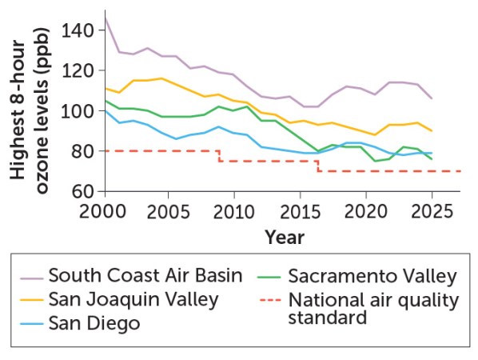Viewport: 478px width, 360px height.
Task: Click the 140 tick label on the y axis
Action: [x=82, y=30]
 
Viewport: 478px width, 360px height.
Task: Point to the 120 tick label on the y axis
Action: [x=82, y=70]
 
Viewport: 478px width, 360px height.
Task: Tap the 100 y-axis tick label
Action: [x=82, y=110]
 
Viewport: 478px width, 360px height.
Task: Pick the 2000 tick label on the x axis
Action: [x=105, y=210]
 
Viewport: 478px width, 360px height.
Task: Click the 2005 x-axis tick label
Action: [x=169, y=210]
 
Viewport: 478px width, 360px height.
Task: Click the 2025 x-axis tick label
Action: [x=432, y=210]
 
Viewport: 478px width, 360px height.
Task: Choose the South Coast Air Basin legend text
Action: [x=145, y=276]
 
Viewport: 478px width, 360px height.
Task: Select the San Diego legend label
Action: [x=94, y=324]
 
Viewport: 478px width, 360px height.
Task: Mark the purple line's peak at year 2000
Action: [x=105, y=13]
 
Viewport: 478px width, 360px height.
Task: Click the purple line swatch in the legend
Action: [x=30, y=277]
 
